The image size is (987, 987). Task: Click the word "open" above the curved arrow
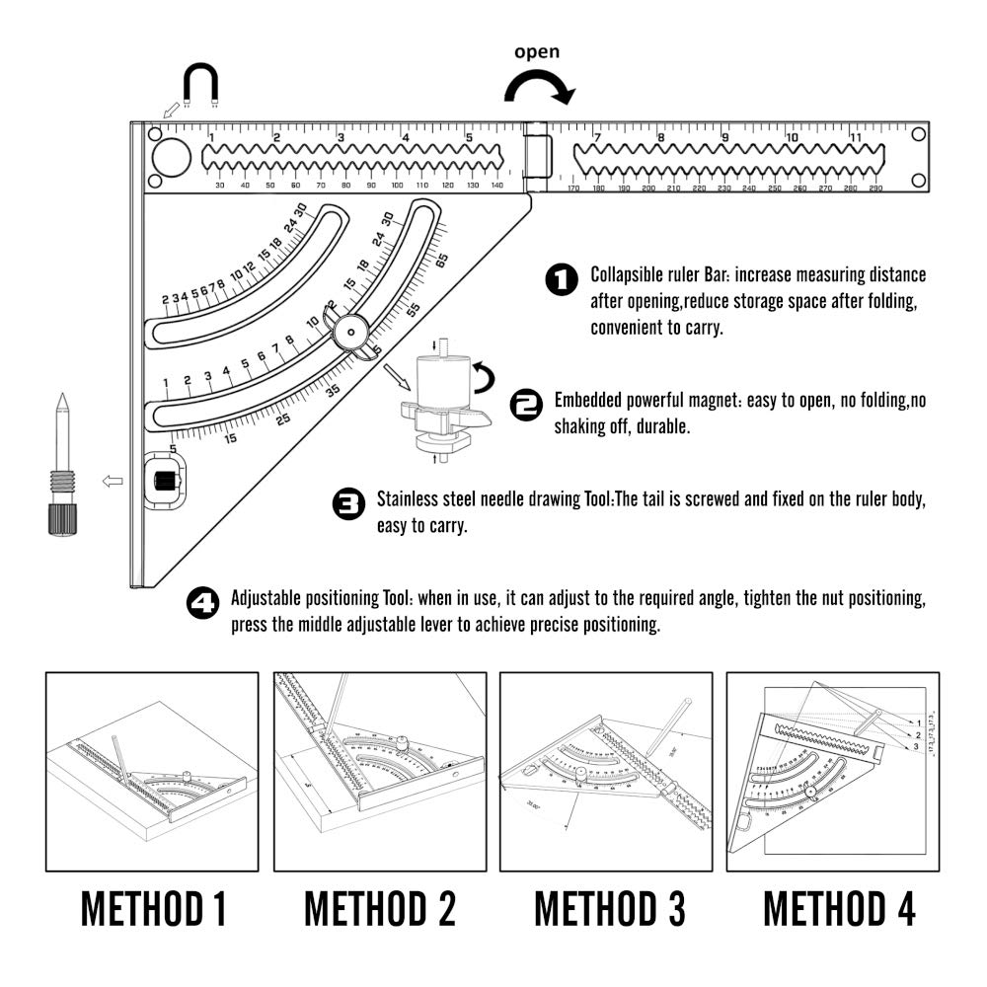[x=537, y=52]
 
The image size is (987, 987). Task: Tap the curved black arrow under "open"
[x=538, y=89]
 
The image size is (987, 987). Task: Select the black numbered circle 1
[x=562, y=280]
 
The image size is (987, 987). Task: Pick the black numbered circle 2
[x=526, y=403]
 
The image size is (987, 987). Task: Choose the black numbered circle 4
[x=203, y=603]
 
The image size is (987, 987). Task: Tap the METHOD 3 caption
[x=609, y=909]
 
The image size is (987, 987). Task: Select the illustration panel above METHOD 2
[x=380, y=772]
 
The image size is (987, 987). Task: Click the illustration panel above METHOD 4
[x=832, y=772]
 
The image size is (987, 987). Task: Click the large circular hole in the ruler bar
[x=171, y=156]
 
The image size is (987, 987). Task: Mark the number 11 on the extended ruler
[x=856, y=137]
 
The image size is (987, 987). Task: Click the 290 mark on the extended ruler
[x=874, y=189]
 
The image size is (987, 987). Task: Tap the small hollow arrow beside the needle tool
[x=112, y=481]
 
